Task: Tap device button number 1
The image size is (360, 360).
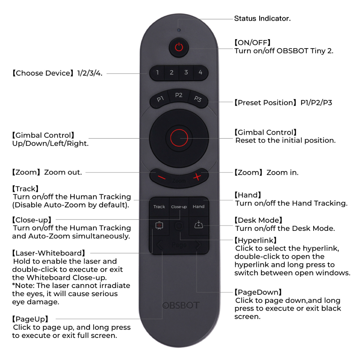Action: pos(157,72)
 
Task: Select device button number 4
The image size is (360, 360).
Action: pos(201,72)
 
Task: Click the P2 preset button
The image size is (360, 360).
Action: pos(179,95)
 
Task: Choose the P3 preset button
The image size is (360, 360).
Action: pos(198,99)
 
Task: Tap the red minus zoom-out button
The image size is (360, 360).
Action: pos(162,177)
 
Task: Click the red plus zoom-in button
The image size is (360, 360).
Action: pos(197,177)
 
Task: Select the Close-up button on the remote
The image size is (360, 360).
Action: pos(179,207)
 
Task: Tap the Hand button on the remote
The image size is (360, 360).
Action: pos(198,207)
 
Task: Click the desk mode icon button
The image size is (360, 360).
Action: pos(198,225)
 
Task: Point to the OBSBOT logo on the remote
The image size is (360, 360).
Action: pos(181,306)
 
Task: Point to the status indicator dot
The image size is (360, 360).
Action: pos(179,30)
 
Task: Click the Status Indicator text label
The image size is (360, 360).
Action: pos(262,18)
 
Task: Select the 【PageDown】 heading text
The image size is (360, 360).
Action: pos(258,292)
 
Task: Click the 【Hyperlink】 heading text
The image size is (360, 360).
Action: pos(255,240)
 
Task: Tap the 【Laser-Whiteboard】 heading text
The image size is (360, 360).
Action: pos(49,253)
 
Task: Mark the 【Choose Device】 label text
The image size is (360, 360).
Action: pos(43,73)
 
